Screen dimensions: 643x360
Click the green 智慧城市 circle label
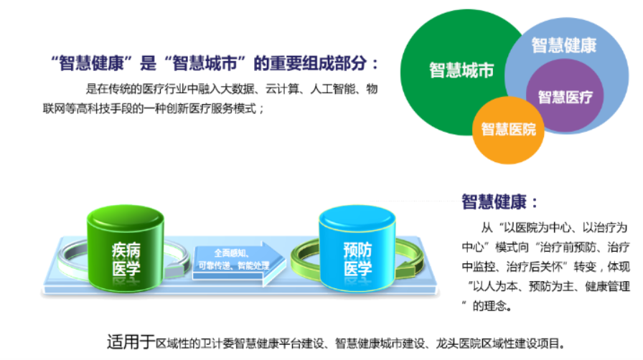click(x=461, y=70)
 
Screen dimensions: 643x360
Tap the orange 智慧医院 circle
click(x=508, y=131)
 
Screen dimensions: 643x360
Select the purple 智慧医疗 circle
click(x=565, y=95)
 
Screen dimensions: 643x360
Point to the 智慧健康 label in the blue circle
click(x=564, y=45)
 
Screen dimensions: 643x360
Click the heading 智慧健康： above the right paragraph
click(x=499, y=202)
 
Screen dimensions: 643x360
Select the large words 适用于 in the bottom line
click(x=131, y=342)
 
